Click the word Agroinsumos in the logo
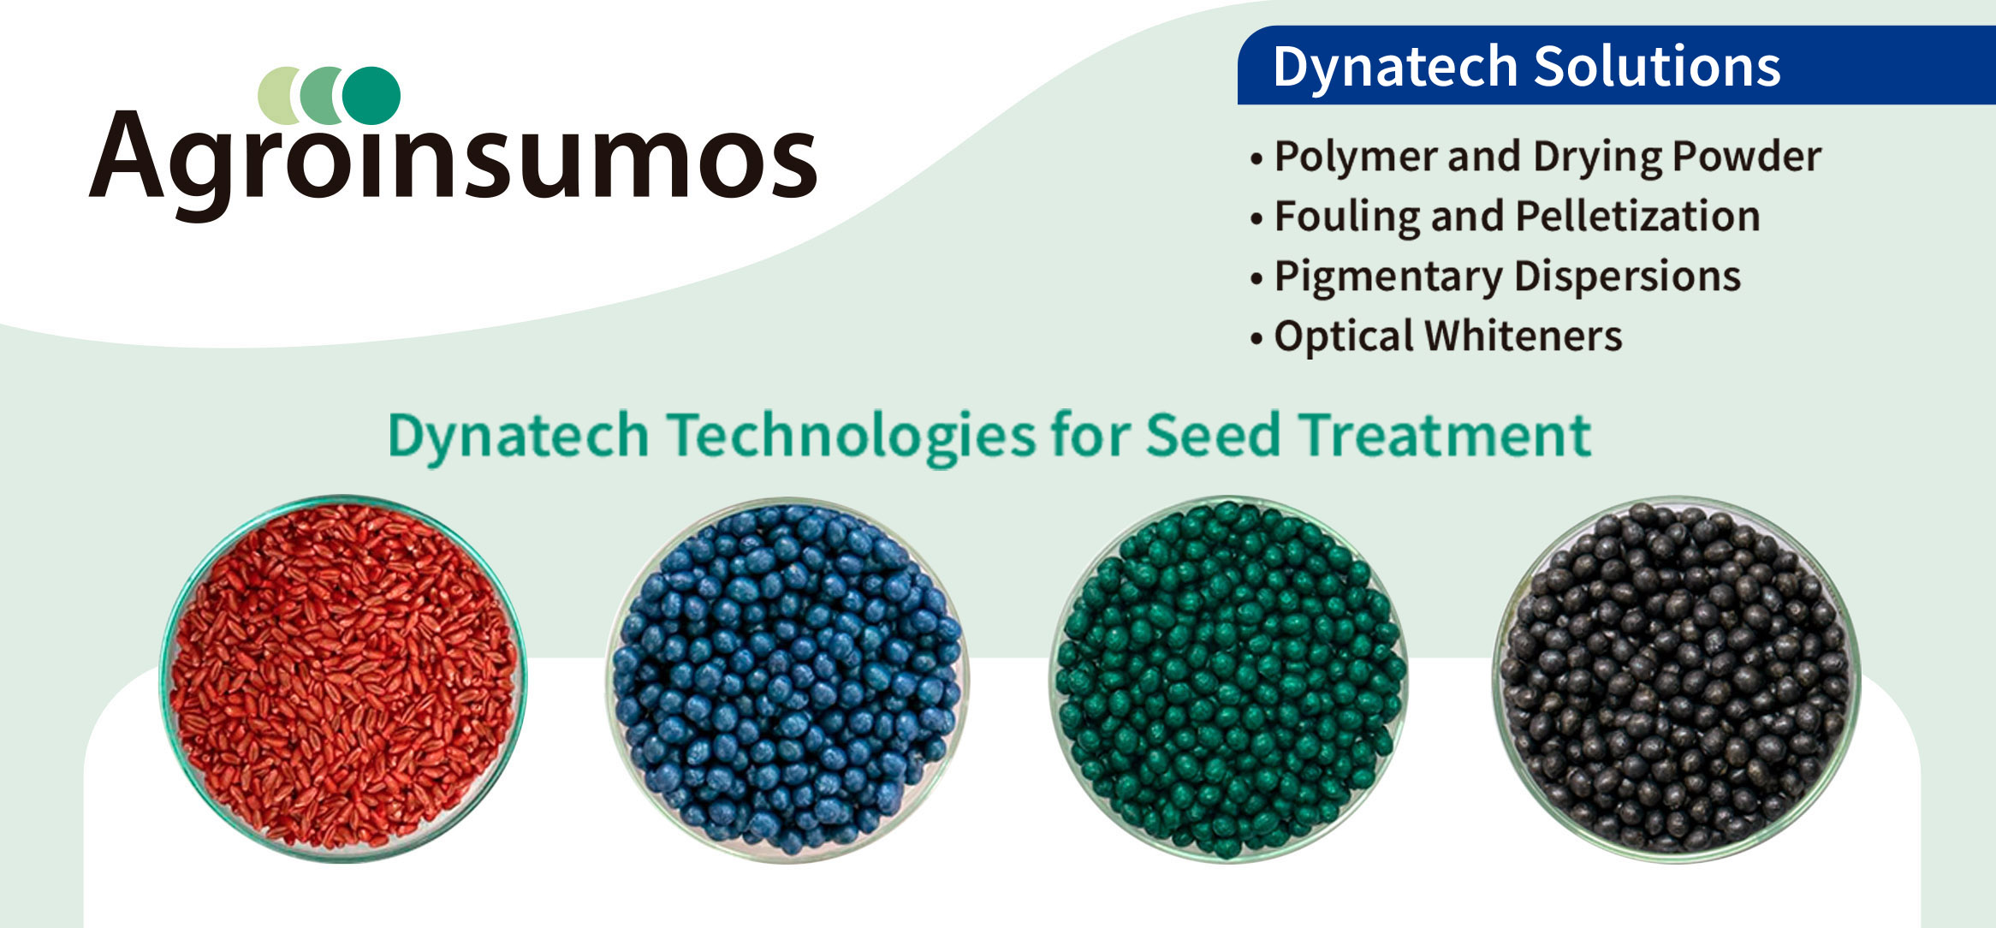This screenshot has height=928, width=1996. [x=454, y=159]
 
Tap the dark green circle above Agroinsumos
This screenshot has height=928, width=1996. [x=372, y=95]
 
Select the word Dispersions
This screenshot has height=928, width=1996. [x=1627, y=276]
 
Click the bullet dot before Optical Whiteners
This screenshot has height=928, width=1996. [x=1256, y=338]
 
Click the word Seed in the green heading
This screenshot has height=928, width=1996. [x=1214, y=435]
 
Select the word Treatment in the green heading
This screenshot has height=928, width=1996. [x=1445, y=435]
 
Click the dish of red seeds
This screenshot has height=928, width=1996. [x=343, y=678]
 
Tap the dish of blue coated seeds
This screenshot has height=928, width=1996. [x=787, y=680]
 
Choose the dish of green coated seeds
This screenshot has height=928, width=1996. [x=1230, y=680]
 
